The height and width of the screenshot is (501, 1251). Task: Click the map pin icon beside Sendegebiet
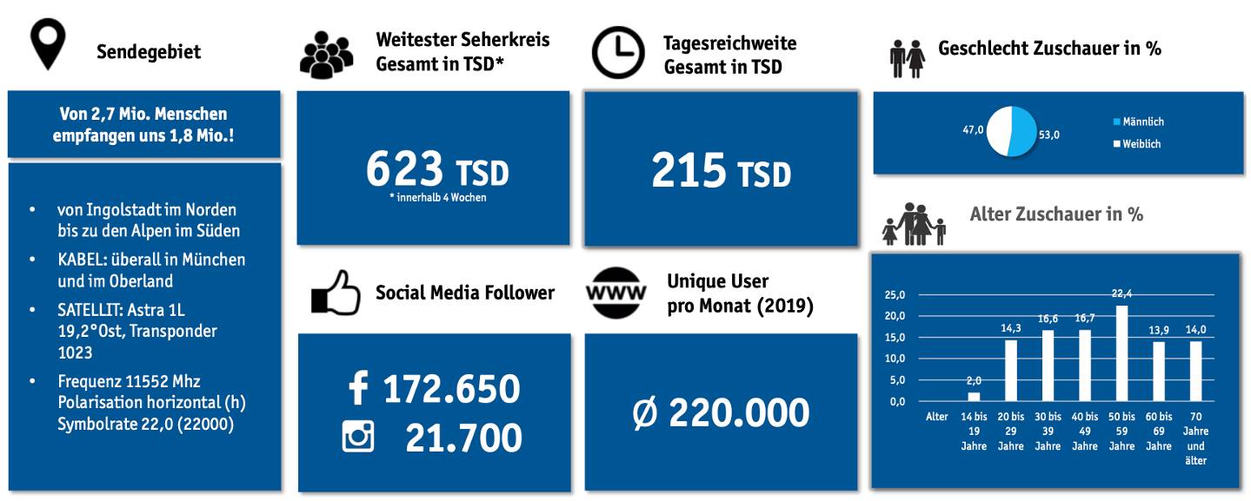pos(49,45)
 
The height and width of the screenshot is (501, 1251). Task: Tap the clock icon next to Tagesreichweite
pos(618,52)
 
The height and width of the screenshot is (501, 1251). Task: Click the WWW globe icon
pos(616,291)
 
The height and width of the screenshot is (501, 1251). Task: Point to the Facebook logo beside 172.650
pos(357,388)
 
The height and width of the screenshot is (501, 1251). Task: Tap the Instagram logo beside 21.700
pos(358,437)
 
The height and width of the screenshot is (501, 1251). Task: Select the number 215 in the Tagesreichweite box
pos(689,170)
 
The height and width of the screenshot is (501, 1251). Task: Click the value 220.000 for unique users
pos(738,413)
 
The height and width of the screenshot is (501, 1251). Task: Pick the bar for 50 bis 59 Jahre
pos(1121,353)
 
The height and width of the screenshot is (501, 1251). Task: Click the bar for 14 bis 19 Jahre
pos(974,397)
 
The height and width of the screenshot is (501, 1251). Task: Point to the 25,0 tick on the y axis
pos(895,294)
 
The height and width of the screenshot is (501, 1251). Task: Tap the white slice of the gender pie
pos(996,131)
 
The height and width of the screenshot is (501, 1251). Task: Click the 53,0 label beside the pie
pos(1050,135)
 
